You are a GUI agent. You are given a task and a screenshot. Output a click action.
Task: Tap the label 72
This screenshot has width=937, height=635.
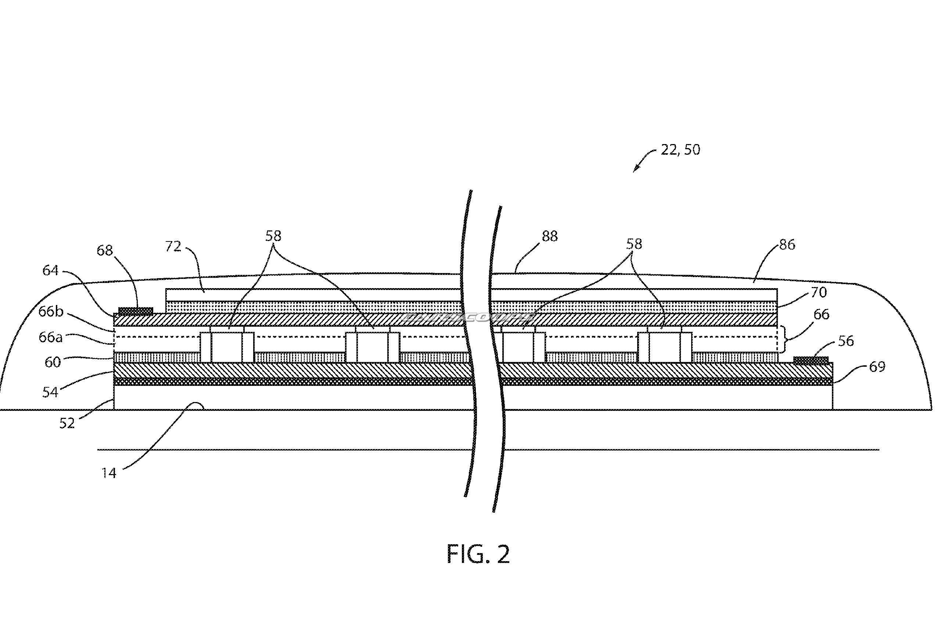[173, 246]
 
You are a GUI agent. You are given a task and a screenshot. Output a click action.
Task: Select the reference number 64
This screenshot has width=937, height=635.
[50, 270]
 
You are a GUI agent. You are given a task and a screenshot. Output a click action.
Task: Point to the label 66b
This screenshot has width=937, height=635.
[51, 312]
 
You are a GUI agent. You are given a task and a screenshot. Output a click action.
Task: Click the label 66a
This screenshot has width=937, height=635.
[51, 337]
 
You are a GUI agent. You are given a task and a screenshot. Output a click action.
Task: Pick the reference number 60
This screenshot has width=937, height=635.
[53, 362]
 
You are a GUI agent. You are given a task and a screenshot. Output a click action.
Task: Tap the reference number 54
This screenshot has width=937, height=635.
[50, 392]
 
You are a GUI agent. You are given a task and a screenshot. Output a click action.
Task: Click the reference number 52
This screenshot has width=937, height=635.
[67, 423]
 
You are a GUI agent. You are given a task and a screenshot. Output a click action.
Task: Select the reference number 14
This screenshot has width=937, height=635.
[109, 473]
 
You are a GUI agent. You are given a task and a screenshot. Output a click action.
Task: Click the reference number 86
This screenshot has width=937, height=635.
[787, 244]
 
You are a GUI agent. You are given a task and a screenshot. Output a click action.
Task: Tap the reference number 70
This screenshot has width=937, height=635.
[818, 292]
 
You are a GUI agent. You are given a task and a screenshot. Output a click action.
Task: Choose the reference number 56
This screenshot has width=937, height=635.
[846, 341]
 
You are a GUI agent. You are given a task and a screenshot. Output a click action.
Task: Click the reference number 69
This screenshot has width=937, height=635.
[877, 366]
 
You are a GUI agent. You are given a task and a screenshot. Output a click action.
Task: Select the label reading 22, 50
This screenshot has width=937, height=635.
[680, 150]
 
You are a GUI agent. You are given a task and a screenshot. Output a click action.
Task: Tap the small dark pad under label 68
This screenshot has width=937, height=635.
[136, 311]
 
